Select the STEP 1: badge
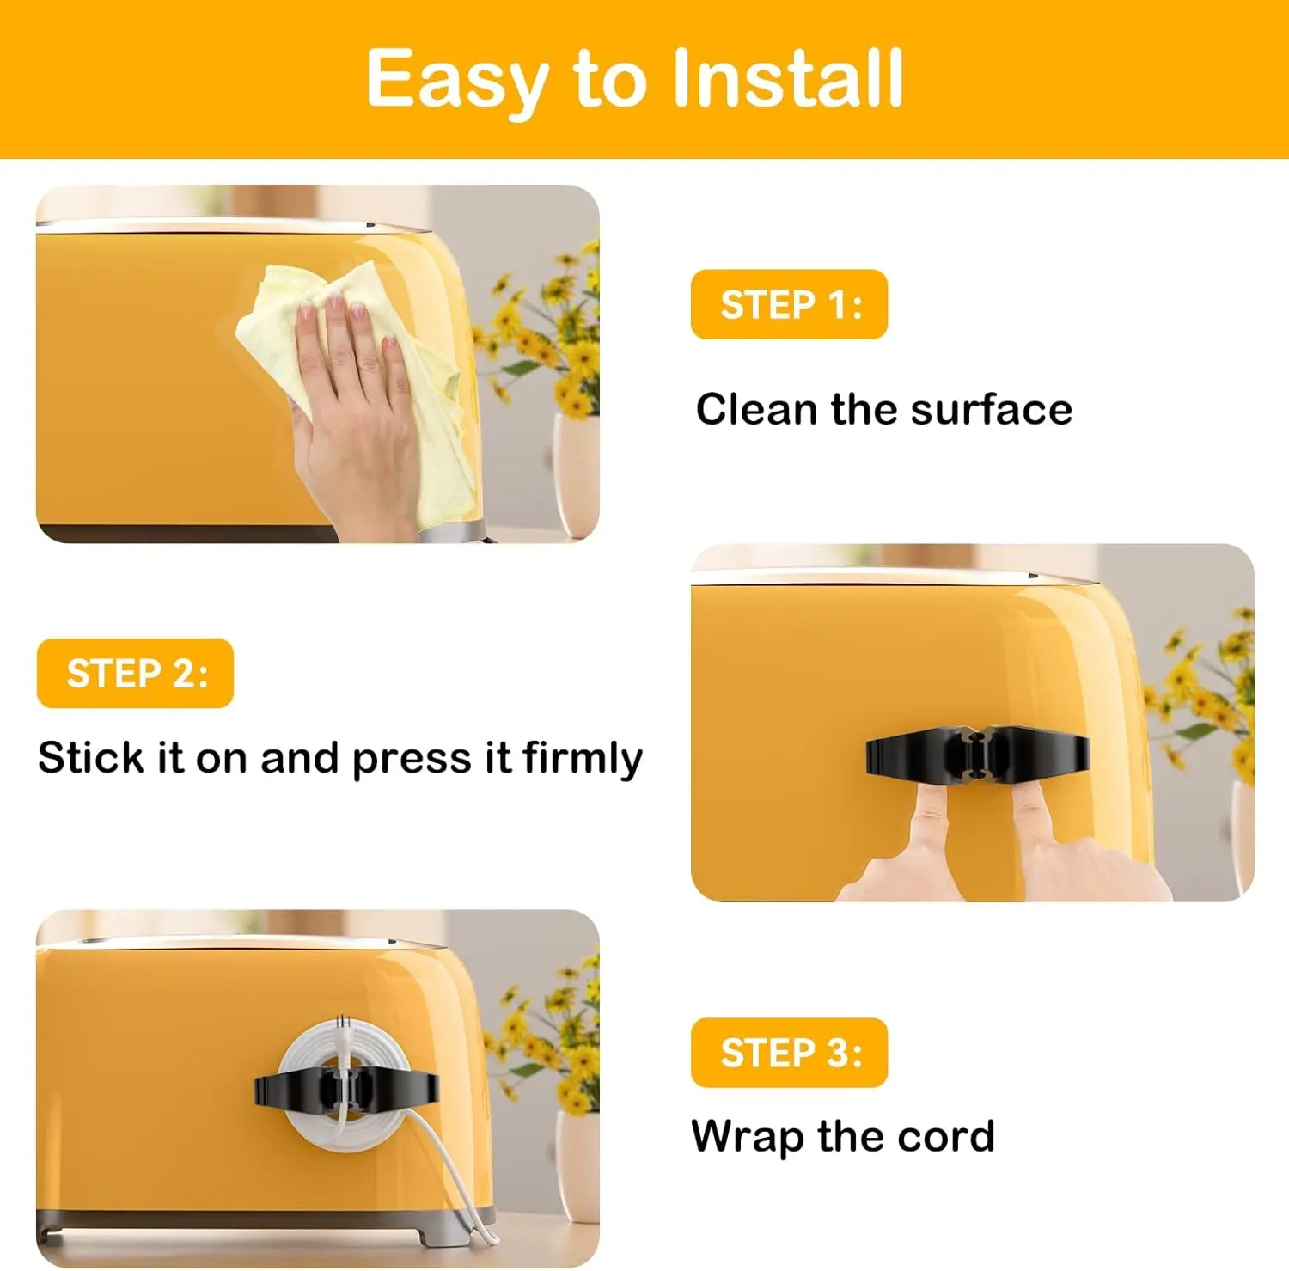[789, 304]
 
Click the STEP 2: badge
[135, 673]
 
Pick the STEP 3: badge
[789, 1053]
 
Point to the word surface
[992, 409]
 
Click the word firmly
[582, 759]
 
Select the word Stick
[90, 757]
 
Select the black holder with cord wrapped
[346, 1090]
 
